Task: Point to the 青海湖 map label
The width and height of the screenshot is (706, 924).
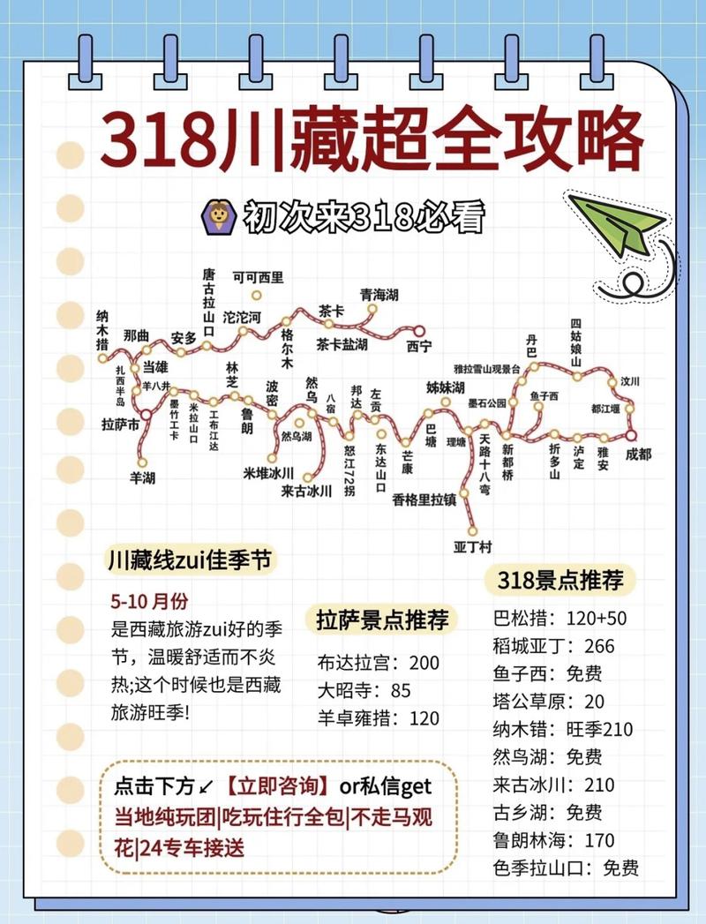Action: pos(379,295)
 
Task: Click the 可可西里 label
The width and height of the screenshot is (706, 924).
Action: pos(258,277)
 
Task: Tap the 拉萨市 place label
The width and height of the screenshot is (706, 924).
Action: pos(121,425)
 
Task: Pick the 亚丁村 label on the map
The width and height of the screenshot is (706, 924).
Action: pos(472,545)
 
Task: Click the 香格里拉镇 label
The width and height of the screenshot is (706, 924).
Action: pos(424,500)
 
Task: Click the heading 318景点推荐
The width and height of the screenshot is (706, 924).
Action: pos(560,580)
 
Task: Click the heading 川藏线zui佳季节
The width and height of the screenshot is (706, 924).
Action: pos(187,560)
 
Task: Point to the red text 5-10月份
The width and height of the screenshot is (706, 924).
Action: pos(150,601)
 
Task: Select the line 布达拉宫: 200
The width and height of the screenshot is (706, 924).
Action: pos(379,663)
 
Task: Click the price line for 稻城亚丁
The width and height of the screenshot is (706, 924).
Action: pos(554,646)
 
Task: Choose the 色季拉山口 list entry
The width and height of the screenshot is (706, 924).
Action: pos(566,868)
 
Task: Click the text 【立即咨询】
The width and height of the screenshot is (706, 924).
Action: pos(276,785)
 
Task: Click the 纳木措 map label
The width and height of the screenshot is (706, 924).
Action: pos(103,330)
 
